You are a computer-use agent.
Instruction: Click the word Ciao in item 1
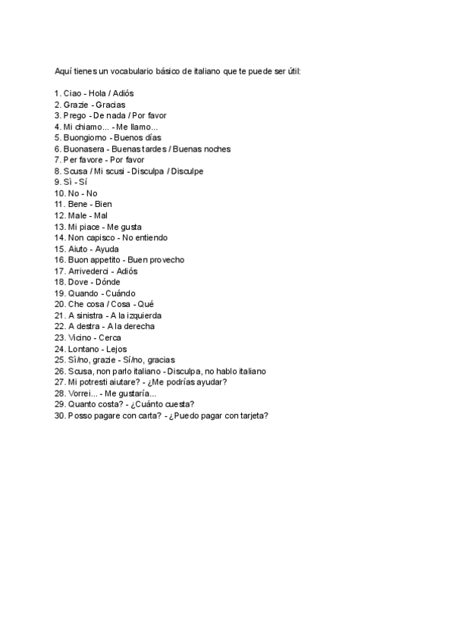click(73, 93)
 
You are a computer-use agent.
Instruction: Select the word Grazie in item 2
click(77, 105)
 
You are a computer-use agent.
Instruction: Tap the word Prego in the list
click(76, 115)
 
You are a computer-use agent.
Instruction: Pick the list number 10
click(59, 193)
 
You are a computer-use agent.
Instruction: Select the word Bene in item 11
click(76, 205)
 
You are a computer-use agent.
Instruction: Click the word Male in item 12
click(76, 215)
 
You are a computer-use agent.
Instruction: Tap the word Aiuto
click(77, 249)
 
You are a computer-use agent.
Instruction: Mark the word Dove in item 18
click(77, 282)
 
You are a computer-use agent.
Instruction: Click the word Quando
click(83, 293)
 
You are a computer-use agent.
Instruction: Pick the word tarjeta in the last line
click(250, 416)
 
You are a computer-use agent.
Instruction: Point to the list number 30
click(59, 416)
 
